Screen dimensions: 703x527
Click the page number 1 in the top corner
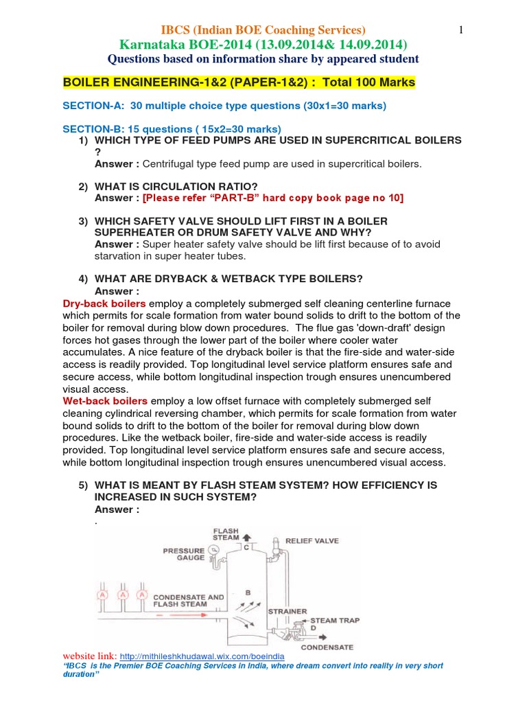[x=461, y=30]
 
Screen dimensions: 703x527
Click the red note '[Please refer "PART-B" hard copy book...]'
[x=273, y=198]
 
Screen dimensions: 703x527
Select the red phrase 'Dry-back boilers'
[x=104, y=303]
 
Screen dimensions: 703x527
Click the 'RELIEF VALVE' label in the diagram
[x=312, y=541]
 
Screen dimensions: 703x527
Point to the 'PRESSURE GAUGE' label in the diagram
[x=183, y=554]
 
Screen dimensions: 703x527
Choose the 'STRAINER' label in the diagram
[x=287, y=610]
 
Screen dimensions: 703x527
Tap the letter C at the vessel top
[x=245, y=548]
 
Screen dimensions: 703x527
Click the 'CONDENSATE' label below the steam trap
[x=327, y=647]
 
